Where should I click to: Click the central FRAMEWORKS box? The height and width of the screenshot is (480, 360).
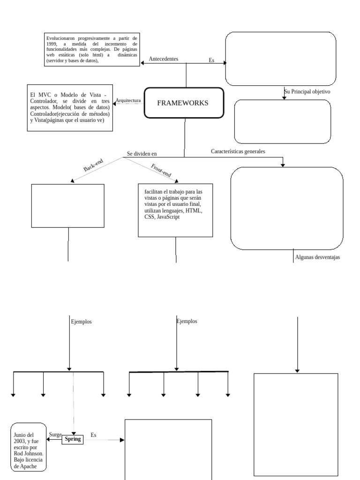(183, 103)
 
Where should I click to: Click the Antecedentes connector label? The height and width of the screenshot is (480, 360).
(163, 59)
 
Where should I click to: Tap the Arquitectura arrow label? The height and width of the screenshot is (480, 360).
(128, 100)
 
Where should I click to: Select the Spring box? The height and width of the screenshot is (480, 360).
(73, 439)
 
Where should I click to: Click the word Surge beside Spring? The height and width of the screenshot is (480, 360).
(55, 435)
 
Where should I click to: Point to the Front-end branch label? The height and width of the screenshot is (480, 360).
(161, 170)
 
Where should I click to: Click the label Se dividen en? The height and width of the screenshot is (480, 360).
(142, 153)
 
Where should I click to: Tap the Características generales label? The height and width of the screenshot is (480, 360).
(238, 151)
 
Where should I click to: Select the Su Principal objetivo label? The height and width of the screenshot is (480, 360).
(307, 92)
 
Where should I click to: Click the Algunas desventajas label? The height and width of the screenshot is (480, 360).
(317, 257)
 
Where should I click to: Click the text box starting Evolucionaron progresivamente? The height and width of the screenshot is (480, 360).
(92, 50)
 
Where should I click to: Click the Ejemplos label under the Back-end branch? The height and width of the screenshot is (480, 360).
(81, 322)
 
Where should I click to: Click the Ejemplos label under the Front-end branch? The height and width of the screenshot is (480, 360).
(187, 321)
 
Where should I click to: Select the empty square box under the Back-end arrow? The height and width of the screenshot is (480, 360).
(67, 206)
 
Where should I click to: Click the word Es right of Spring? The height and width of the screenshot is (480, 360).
(93, 435)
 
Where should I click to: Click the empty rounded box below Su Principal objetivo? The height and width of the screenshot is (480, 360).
(282, 121)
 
